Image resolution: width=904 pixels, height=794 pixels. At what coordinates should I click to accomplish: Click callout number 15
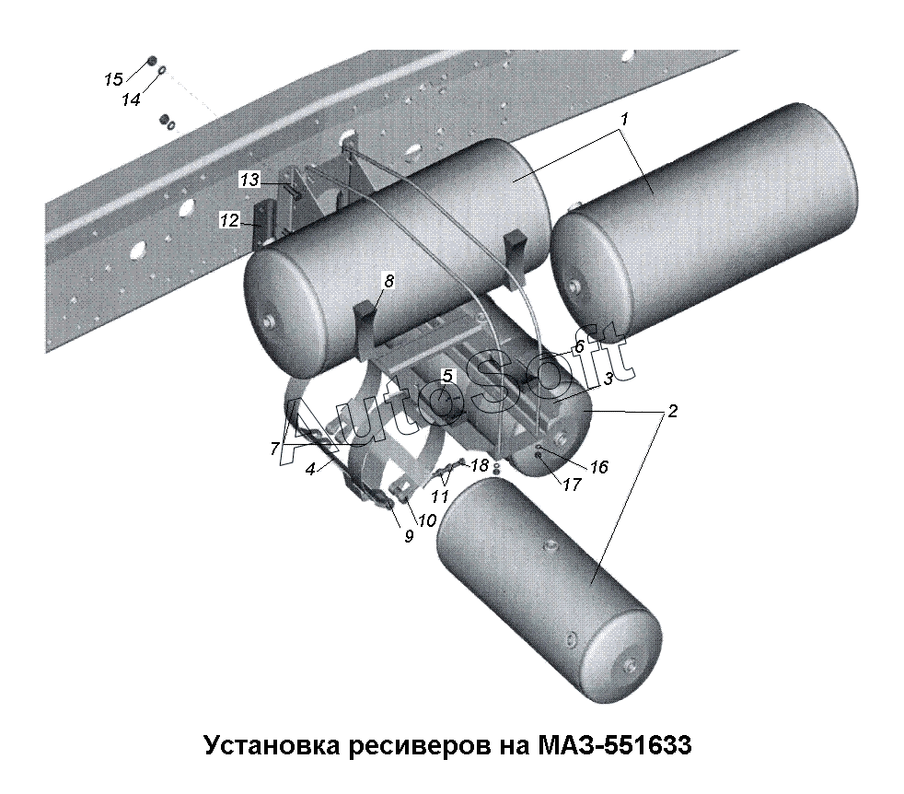(113, 79)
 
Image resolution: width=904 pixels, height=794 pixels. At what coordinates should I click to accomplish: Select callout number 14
(131, 99)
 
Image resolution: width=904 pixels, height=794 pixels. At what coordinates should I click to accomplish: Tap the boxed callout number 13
(249, 180)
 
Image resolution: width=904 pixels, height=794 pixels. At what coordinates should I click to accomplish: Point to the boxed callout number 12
(229, 220)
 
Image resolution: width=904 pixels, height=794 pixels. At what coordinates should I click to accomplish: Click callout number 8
(389, 281)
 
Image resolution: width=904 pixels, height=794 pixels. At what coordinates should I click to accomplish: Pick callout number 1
(624, 119)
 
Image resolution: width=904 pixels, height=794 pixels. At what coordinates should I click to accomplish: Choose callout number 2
(672, 411)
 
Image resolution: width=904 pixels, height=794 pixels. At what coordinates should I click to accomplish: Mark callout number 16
(599, 466)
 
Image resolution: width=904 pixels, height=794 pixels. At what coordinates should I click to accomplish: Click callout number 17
(572, 484)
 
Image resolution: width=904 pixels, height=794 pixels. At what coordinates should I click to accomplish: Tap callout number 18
(480, 465)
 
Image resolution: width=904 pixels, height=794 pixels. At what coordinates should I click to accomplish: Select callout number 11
(440, 496)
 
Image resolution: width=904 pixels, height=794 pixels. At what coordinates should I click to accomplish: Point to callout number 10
(426, 520)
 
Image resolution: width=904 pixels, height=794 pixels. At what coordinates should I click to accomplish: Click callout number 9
(409, 536)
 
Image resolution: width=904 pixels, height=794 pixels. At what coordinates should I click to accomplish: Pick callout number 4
(310, 470)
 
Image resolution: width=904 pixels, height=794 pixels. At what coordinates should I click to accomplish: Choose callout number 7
(275, 449)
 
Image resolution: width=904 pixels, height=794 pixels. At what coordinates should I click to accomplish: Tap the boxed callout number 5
(447, 376)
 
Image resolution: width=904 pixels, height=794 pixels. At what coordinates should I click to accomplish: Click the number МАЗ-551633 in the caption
(614, 745)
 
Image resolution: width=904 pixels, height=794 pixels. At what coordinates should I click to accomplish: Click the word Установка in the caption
(272, 745)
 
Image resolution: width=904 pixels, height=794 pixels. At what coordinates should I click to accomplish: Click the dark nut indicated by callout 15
(152, 61)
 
